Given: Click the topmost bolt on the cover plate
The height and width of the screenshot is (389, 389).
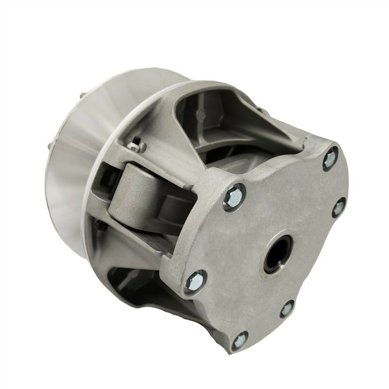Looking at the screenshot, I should tap(330, 158).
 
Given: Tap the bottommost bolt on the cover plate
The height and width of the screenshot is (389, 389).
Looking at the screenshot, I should tap(239, 338).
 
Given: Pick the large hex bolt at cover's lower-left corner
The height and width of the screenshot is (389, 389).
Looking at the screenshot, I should tap(194, 281).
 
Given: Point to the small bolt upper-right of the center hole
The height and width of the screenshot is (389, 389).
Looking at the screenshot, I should tap(338, 207).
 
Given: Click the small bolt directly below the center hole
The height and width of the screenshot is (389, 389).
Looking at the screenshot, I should tap(286, 308).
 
